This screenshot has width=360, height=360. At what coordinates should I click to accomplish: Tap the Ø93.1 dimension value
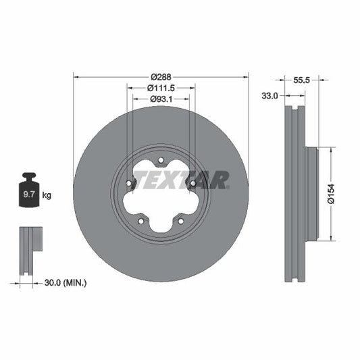pyautogui.click(x=161, y=100)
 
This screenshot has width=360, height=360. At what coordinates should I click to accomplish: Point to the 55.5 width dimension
pyautogui.click(x=301, y=79)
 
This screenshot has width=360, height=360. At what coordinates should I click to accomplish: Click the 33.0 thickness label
pyautogui.click(x=270, y=97)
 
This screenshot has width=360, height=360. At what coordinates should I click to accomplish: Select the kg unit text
pyautogui.click(x=47, y=196)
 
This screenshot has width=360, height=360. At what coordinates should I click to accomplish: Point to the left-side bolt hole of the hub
pyautogui.click(x=128, y=182)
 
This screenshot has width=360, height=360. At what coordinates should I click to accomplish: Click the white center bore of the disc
pyautogui.click(x=161, y=196)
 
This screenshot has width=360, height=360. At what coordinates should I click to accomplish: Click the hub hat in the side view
pyautogui.click(x=312, y=193)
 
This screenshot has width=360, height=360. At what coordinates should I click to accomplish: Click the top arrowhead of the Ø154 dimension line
pyautogui.click(x=330, y=149)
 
